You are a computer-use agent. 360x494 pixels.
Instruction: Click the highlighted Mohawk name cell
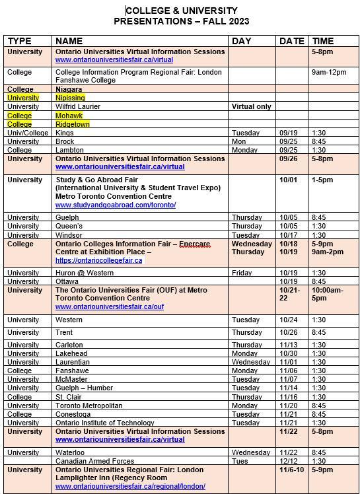pyautogui.click(x=69, y=115)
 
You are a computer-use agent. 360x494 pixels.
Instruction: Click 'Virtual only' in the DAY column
pyautogui.click(x=252, y=106)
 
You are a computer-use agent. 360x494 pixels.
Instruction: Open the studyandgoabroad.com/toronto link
pyautogui.click(x=116, y=205)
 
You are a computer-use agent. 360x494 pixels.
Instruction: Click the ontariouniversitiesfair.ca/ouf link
pyautogui.click(x=110, y=306)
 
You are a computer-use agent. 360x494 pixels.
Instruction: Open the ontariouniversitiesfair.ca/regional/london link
pyautogui.click(x=130, y=486)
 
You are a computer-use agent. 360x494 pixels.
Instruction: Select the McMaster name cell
pyautogui.click(x=71, y=379)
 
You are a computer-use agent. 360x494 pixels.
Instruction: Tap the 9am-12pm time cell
pyautogui.click(x=328, y=72)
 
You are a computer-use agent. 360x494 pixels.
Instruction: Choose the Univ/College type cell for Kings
pyautogui.click(x=28, y=133)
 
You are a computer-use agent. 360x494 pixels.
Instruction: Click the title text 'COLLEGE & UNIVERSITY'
pyautogui.click(x=182, y=11)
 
